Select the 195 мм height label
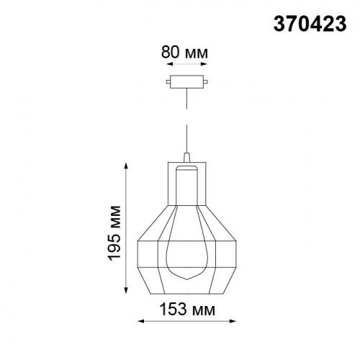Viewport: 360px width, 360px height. (119, 230)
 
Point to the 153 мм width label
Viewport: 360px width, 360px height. (186, 310)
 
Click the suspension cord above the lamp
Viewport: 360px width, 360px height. (186, 122)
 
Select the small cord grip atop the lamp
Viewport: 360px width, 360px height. (186, 157)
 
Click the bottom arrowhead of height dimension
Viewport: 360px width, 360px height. (128, 293)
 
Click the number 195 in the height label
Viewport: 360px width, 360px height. (119, 245)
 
